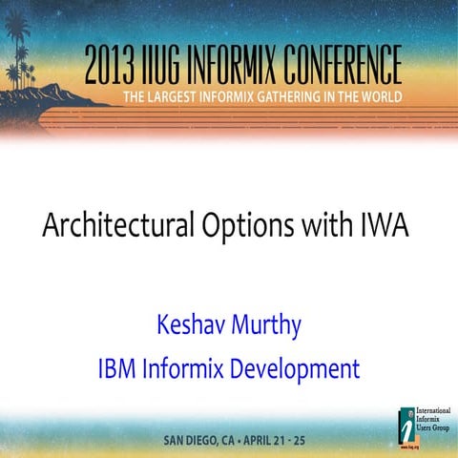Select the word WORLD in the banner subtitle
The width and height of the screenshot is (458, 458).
point(423,97)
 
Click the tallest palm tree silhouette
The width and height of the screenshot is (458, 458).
point(16,38)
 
